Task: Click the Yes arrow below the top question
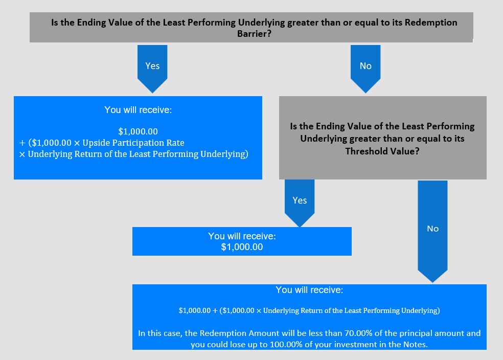click(x=152, y=69)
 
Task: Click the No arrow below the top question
click(x=365, y=69)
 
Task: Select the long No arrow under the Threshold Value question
click(x=432, y=231)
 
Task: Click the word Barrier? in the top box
click(x=255, y=34)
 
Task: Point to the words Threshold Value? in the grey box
click(x=382, y=151)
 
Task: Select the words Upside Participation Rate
click(x=133, y=143)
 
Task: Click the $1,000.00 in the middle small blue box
click(x=242, y=247)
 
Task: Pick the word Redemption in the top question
click(x=431, y=22)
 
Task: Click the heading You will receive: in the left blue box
click(x=138, y=110)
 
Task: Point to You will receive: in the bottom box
click(x=309, y=290)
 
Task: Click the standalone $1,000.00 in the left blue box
click(x=138, y=131)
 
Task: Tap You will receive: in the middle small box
click(x=242, y=236)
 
